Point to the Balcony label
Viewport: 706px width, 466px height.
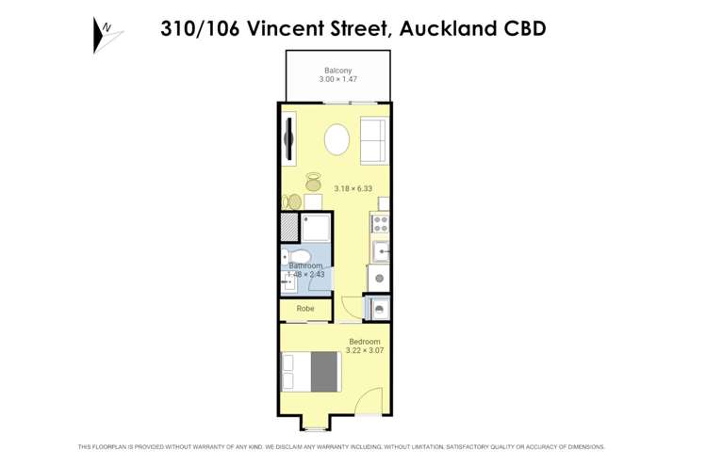[x=337, y=71]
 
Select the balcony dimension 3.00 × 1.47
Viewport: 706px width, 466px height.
[x=337, y=80]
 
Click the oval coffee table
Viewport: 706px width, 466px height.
[x=337, y=141]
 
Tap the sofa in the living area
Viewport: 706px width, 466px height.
[x=372, y=141]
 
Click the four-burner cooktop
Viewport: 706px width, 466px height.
[x=381, y=224]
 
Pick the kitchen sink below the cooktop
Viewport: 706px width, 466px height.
[x=381, y=251]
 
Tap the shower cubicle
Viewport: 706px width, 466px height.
[x=316, y=228]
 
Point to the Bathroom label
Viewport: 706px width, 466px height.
[x=305, y=266]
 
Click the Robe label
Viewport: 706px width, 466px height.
[x=305, y=309]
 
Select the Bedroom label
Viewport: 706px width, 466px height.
[x=364, y=341]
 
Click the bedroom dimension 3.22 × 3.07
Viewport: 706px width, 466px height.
[x=364, y=350]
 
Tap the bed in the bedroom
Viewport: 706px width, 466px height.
[x=311, y=371]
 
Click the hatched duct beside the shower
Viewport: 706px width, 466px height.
[x=288, y=228]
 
